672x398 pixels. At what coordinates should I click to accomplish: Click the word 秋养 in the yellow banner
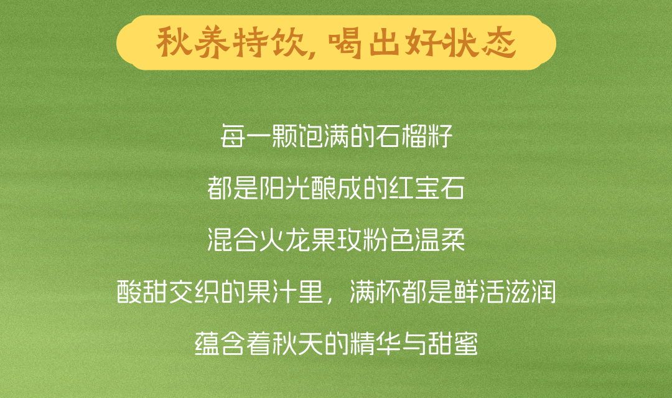(x=193, y=42)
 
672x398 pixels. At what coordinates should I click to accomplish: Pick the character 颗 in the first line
(x=284, y=136)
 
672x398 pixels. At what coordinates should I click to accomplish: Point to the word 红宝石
(x=426, y=188)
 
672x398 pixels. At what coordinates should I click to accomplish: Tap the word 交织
(x=194, y=291)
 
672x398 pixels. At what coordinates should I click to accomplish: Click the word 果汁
(x=271, y=291)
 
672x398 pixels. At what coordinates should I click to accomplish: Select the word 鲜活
(x=478, y=291)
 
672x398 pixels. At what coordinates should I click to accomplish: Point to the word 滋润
(x=530, y=291)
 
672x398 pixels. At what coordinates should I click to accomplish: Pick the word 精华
(x=375, y=343)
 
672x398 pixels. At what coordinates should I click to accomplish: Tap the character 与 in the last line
(x=414, y=343)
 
